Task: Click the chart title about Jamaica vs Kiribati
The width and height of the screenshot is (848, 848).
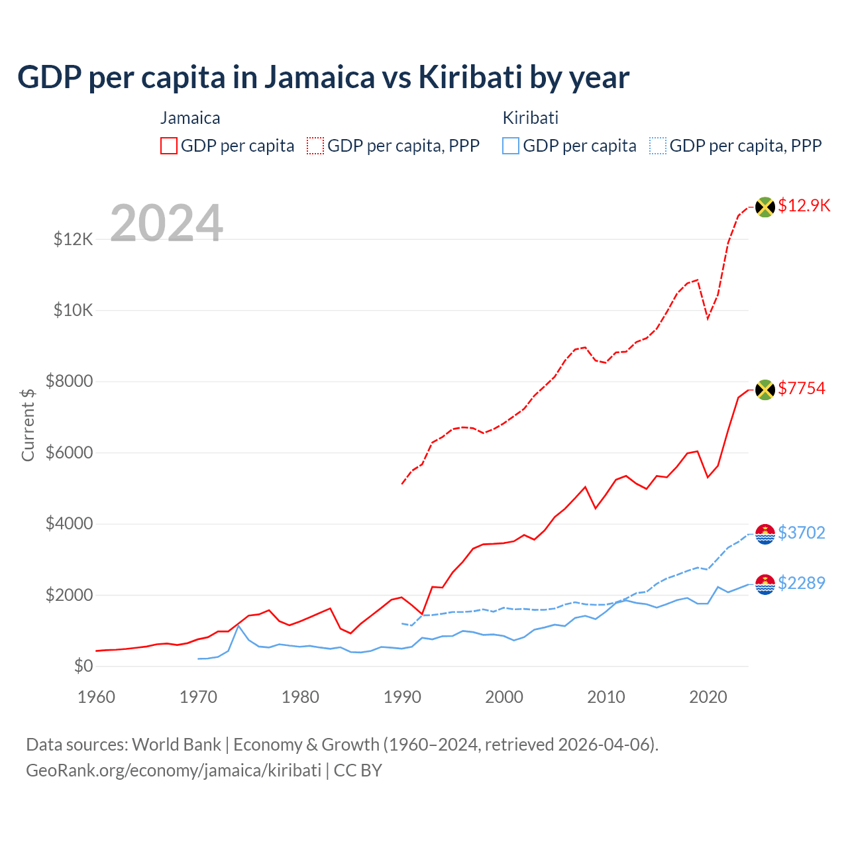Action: tap(323, 78)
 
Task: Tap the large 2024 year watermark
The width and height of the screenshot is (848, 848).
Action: tap(166, 223)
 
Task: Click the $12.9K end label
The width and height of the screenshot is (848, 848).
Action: tap(804, 205)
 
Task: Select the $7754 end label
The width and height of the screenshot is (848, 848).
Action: tap(802, 388)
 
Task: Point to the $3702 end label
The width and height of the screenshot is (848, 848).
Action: tap(802, 533)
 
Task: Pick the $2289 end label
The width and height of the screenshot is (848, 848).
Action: tap(802, 583)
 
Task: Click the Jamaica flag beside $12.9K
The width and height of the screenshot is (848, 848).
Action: tap(765, 207)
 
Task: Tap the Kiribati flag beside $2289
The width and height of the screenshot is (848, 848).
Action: tap(765, 584)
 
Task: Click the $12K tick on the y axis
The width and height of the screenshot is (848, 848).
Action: tap(74, 239)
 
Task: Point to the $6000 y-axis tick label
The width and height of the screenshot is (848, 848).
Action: tap(69, 453)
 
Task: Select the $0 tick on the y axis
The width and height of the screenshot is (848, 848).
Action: tap(83, 666)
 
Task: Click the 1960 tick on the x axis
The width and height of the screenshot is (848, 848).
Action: tap(97, 697)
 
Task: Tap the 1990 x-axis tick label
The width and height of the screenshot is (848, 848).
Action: tap(402, 697)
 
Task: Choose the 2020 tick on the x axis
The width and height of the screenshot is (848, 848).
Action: tap(708, 697)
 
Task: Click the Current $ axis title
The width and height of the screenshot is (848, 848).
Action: tap(28, 425)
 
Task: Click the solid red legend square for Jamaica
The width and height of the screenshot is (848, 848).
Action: tap(169, 146)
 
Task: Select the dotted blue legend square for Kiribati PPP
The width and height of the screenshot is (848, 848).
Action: tap(658, 146)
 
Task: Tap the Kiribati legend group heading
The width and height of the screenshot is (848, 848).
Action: tap(530, 118)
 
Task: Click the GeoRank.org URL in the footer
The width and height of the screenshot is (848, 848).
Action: tap(174, 770)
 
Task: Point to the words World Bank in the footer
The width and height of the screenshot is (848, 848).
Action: tap(176, 745)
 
